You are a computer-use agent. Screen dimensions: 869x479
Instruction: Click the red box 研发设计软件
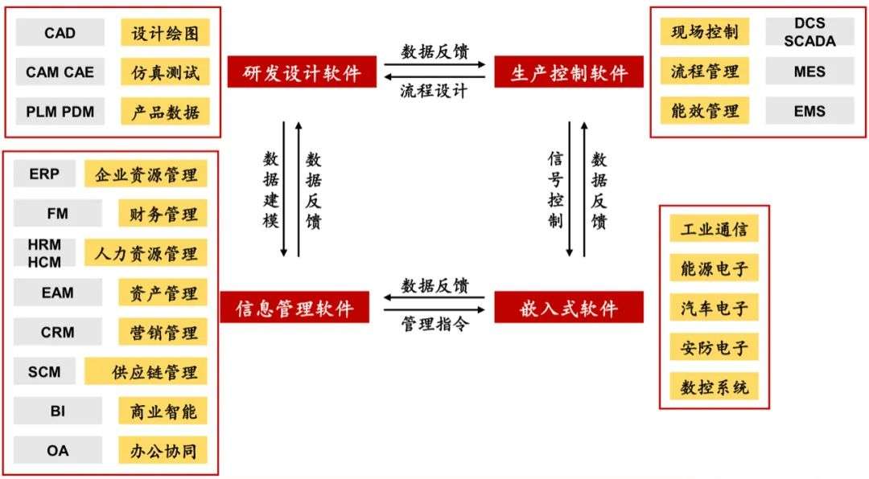pos(302,72)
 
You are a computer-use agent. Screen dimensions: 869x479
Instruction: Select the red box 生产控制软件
pos(569,72)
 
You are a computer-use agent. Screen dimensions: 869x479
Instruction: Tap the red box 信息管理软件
pos(294,307)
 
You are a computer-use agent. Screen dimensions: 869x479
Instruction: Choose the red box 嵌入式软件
pos(569,307)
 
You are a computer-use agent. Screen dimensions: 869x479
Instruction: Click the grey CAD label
pos(60,33)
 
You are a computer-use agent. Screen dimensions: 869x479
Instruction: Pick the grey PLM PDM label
pos(60,111)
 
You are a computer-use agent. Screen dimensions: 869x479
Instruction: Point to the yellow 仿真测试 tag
pos(165,72)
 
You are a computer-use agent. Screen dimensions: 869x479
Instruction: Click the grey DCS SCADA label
pos(809,31)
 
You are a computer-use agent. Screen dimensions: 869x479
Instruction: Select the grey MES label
pos(809,72)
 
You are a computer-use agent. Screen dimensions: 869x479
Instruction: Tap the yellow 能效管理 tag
pos(704,111)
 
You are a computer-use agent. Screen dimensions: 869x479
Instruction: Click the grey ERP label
pos(44,174)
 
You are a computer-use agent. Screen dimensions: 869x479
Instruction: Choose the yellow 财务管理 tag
pos(163,214)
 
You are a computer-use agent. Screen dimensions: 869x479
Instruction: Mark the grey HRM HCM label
pos(44,253)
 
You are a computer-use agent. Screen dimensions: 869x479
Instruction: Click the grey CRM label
pos(58,332)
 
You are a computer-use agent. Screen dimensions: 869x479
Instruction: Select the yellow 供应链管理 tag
pos(146,371)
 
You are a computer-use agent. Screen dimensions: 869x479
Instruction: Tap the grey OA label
pos(58,451)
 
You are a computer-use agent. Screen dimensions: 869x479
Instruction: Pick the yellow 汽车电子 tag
pos(714,307)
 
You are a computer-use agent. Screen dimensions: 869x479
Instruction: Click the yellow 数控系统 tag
pos(714,387)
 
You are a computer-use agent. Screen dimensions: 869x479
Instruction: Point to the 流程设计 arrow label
pos(434,91)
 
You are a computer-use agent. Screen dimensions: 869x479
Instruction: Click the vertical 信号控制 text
pos(555,190)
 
